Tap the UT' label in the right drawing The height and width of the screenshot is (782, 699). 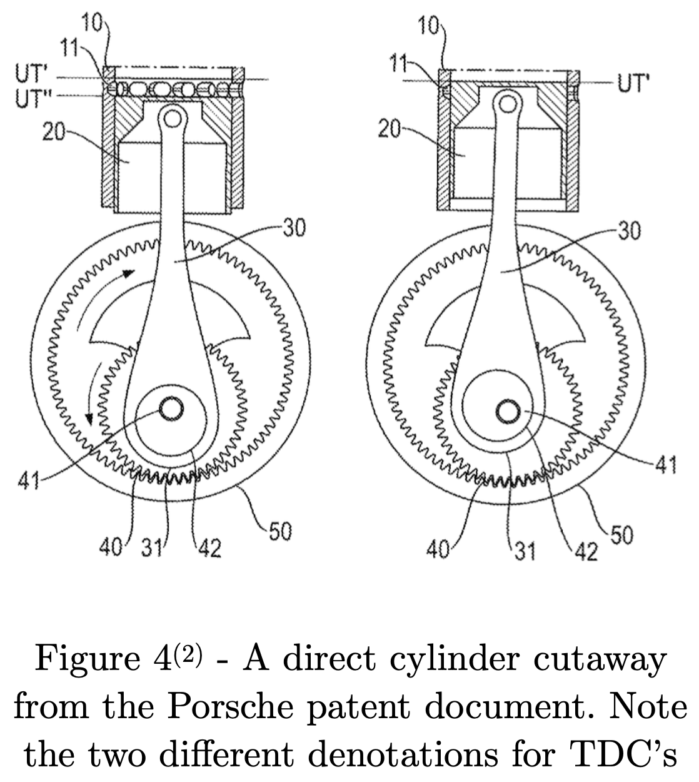(x=633, y=82)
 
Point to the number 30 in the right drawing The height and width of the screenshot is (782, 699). (x=628, y=231)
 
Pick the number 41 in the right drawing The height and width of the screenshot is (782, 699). (x=663, y=464)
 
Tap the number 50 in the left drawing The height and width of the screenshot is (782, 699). (x=281, y=532)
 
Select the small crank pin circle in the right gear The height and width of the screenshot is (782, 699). (x=506, y=411)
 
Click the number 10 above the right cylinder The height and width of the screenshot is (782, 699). (x=430, y=28)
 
